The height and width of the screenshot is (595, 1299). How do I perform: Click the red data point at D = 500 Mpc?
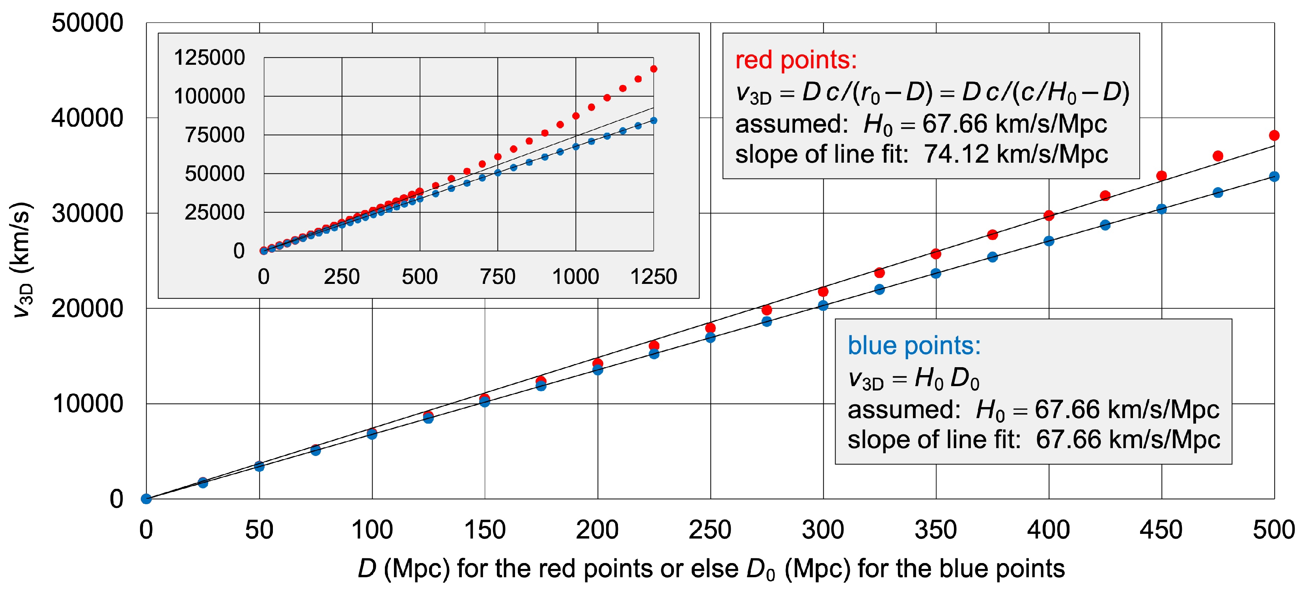pyautogui.click(x=1274, y=135)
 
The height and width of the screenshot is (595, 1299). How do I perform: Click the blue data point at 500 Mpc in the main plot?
pyautogui.click(x=1274, y=176)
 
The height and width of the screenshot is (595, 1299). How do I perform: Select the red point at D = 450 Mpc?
pyautogui.click(x=1161, y=176)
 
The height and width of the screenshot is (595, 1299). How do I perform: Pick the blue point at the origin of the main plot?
pyautogui.click(x=146, y=499)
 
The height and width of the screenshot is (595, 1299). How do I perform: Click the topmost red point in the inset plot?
pyautogui.click(x=653, y=69)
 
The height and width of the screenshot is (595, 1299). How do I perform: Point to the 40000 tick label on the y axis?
pyautogui.click(x=87, y=118)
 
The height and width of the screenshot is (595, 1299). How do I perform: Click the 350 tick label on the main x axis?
pyautogui.click(x=936, y=530)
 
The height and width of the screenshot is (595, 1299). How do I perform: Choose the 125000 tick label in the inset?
pyautogui.click(x=209, y=58)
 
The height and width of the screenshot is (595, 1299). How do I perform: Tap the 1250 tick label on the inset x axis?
pyautogui.click(x=653, y=276)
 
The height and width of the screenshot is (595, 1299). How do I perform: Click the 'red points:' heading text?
pyautogui.click(x=796, y=60)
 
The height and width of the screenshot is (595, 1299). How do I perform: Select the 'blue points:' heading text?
pyautogui.click(x=914, y=346)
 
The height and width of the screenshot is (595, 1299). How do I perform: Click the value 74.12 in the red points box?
pyautogui.click(x=956, y=154)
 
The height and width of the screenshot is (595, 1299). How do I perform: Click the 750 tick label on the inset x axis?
pyautogui.click(x=498, y=276)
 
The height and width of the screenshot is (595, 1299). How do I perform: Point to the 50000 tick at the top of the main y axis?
pyautogui.click(x=87, y=23)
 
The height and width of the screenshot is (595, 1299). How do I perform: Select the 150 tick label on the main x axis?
pyautogui.click(x=485, y=530)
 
